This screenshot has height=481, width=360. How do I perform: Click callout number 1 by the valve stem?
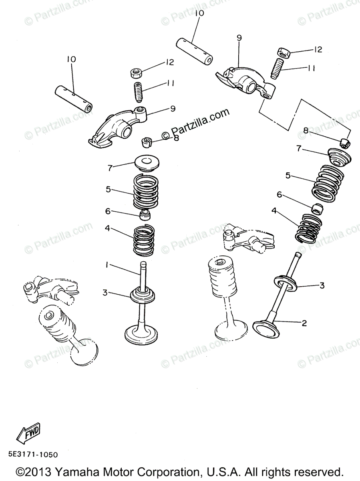[107, 265]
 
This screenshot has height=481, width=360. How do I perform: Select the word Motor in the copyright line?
[119, 471]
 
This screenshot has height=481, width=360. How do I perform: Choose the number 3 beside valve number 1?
[105, 293]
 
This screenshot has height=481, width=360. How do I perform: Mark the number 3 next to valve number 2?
[322, 285]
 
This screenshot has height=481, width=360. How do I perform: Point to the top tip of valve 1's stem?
[142, 263]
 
